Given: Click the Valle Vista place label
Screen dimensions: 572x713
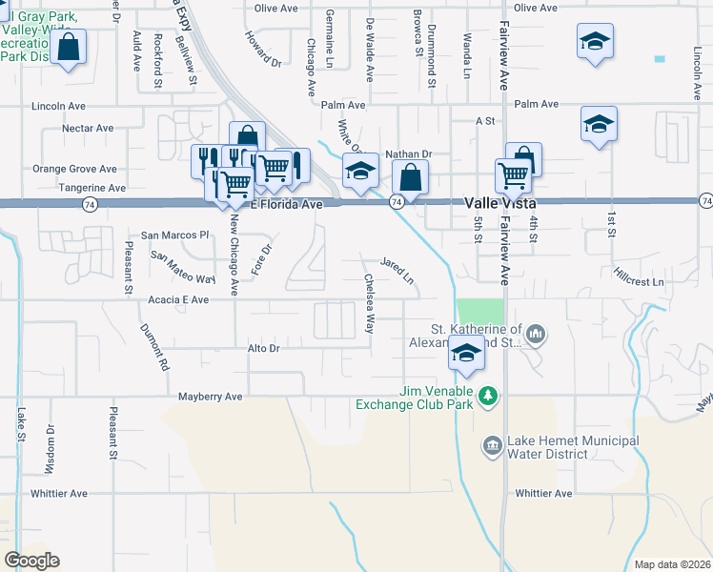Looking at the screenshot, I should point(502,203).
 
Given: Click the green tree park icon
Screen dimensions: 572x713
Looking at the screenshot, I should point(489,394).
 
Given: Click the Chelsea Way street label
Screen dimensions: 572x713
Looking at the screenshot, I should point(369,304).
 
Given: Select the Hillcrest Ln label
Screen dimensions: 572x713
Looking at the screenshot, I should point(639,282).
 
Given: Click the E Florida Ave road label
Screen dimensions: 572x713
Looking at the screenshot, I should point(286,204).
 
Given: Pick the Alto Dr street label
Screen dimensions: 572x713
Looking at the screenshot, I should point(263,349).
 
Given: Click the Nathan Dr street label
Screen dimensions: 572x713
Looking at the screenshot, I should point(409,153).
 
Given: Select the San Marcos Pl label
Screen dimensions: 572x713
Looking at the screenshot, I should point(174,235).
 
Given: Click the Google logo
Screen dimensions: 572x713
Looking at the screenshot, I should point(32,560).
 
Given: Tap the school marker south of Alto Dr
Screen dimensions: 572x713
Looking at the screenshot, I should point(466,354).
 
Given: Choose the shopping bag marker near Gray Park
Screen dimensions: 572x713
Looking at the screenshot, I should point(70,48).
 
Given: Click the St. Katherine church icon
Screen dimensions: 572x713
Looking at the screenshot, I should point(536,334).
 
